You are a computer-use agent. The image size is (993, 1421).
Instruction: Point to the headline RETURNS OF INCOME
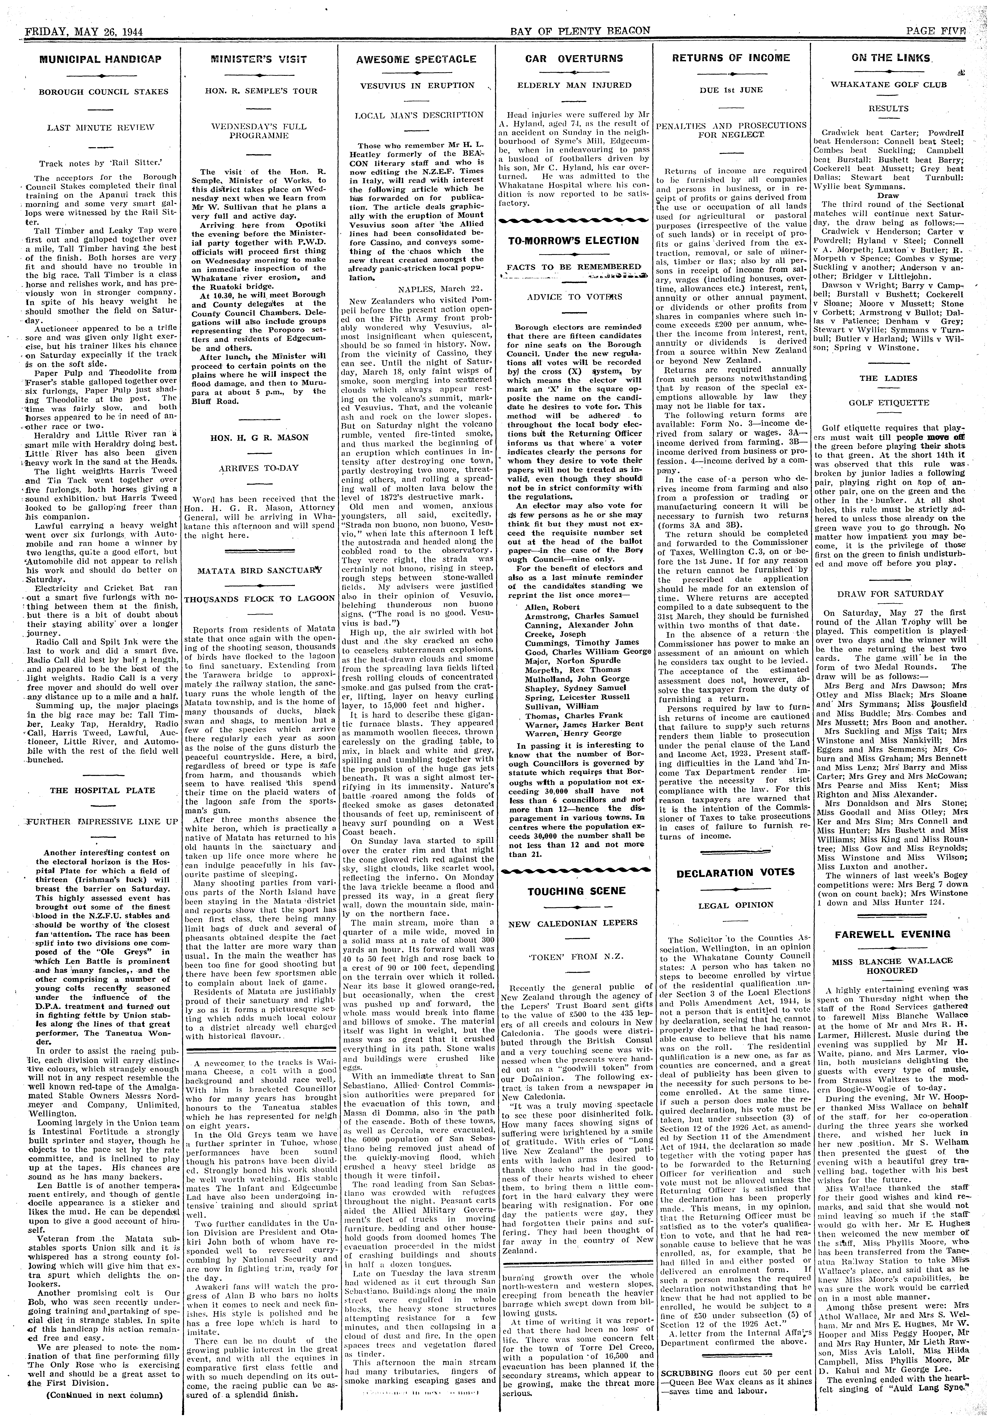[x=731, y=58]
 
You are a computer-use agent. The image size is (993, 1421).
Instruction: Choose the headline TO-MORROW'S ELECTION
[x=573, y=241]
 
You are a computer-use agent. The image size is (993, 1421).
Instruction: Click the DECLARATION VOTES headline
[x=735, y=873]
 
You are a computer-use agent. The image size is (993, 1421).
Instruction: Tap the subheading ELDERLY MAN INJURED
[x=574, y=85]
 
